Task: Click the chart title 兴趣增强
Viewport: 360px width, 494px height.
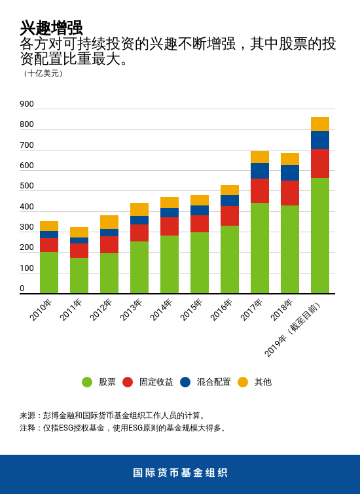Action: (x=51, y=27)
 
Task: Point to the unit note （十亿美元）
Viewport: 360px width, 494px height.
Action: (x=43, y=73)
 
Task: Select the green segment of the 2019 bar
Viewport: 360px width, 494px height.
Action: (x=320, y=236)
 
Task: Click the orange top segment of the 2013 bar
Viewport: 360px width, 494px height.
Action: (x=139, y=209)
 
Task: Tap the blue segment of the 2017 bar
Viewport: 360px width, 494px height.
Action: (x=260, y=171)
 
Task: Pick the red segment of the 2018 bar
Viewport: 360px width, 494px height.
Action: (x=290, y=193)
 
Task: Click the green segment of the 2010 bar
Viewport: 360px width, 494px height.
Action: (x=49, y=273)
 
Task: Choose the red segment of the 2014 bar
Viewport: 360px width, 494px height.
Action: (x=170, y=226)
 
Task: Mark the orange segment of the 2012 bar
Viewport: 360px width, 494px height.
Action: (x=109, y=222)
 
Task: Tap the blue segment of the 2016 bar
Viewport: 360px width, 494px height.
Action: (x=230, y=200)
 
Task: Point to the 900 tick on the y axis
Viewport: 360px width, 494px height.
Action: (x=27, y=104)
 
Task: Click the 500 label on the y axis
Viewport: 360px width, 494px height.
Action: (x=27, y=186)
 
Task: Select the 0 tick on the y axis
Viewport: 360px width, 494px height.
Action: (x=22, y=289)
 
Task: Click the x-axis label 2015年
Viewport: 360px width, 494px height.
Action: (x=192, y=309)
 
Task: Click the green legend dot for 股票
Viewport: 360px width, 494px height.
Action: (x=87, y=382)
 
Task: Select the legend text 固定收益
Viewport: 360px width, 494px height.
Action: (x=156, y=382)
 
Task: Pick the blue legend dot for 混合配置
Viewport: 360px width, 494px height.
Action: (x=185, y=382)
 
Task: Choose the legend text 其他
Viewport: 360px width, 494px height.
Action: (x=262, y=382)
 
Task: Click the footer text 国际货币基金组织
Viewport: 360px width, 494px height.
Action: (x=180, y=473)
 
